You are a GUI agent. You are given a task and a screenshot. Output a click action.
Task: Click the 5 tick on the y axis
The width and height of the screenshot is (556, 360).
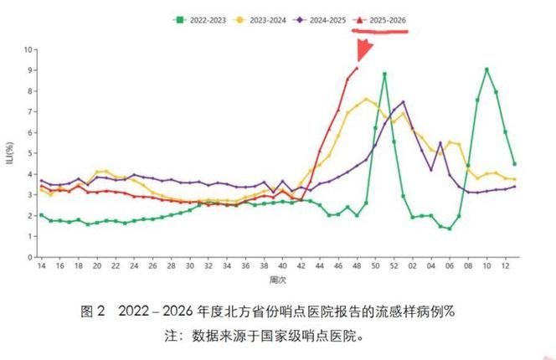pos(29,153)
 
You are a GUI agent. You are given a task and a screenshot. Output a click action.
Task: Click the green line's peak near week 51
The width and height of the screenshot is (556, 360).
pos(384,75)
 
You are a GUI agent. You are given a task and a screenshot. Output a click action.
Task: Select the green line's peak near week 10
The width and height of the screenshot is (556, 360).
pos(486,69)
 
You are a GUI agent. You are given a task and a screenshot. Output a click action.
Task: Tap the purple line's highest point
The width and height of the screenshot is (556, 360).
pos(403,102)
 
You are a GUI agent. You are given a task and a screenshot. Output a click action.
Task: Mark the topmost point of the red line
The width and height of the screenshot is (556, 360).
pos(357,69)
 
